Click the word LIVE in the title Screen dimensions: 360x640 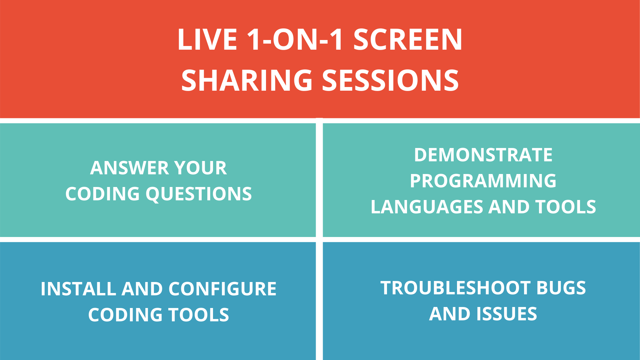coord(207,40)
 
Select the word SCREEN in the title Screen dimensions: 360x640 coord(408,40)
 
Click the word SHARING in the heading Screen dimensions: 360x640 coord(247,81)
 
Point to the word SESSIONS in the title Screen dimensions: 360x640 coord(390,81)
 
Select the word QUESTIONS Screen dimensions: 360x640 coord(199,194)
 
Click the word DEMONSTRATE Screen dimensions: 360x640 coord(483,155)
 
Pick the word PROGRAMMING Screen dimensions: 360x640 coord(483,181)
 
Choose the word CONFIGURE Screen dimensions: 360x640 coord(222,289)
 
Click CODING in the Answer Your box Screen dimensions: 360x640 coord(102,194)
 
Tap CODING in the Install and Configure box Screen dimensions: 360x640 coord(125,315)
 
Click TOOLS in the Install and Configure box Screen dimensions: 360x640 coord(198,315)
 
